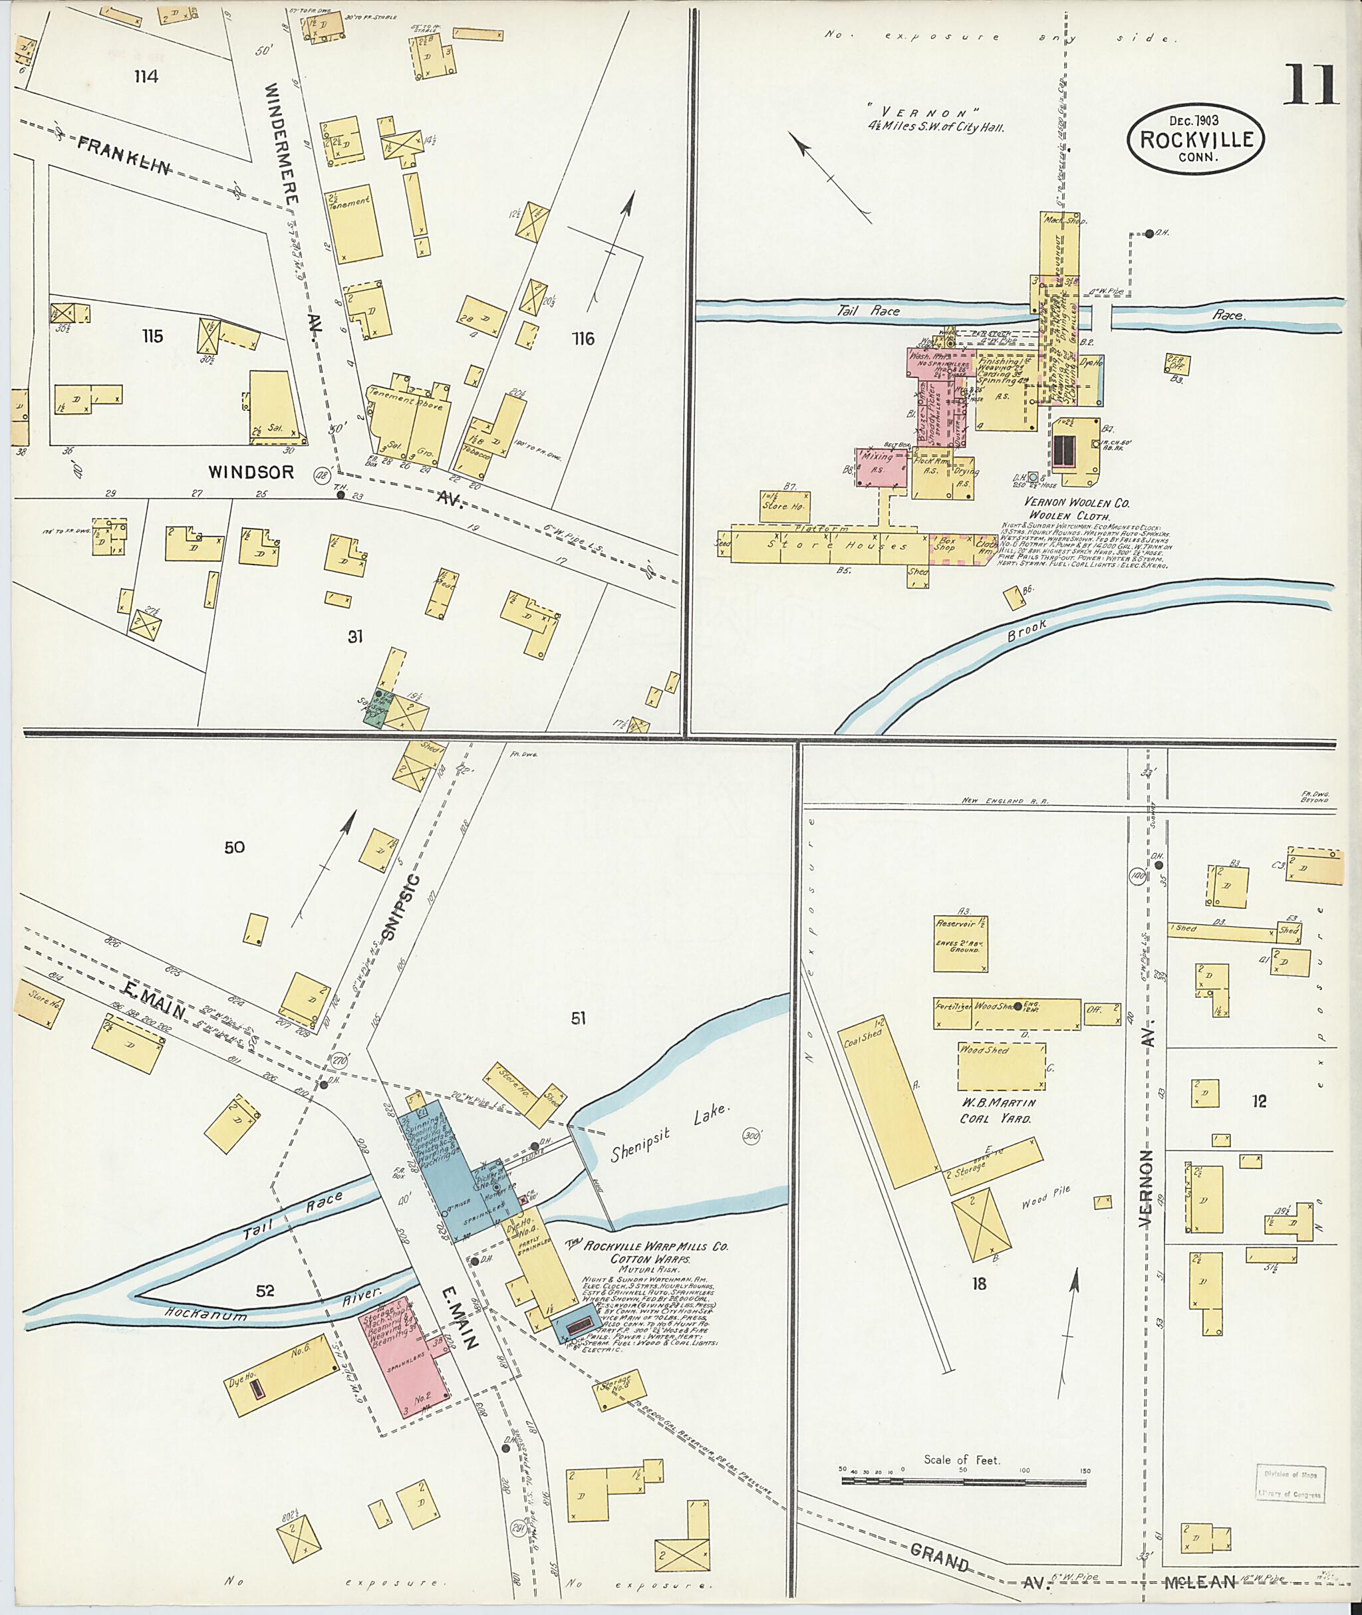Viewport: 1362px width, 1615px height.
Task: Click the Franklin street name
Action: tap(124, 154)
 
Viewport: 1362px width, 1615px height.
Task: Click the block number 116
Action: tap(583, 338)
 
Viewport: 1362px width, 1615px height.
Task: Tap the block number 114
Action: tap(145, 76)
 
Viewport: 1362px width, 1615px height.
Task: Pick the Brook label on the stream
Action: tap(1027, 630)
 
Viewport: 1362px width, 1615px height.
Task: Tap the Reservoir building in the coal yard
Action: tap(960, 944)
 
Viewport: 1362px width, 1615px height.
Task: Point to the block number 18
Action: tap(979, 1285)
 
